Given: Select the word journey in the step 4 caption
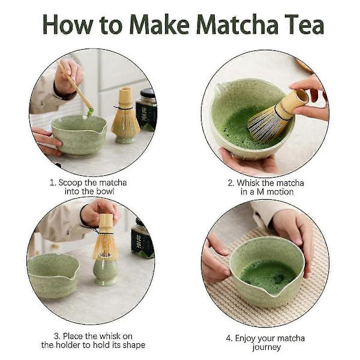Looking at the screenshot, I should pos(265,347).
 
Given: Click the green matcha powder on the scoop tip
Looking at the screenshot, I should pos(90,112).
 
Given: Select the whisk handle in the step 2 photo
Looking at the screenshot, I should pos(294,101).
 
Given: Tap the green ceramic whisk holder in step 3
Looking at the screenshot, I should pos(106,270).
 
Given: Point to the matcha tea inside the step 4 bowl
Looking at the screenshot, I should pos(268,275).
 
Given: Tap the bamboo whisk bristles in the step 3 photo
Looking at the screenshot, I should pos(105,246).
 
